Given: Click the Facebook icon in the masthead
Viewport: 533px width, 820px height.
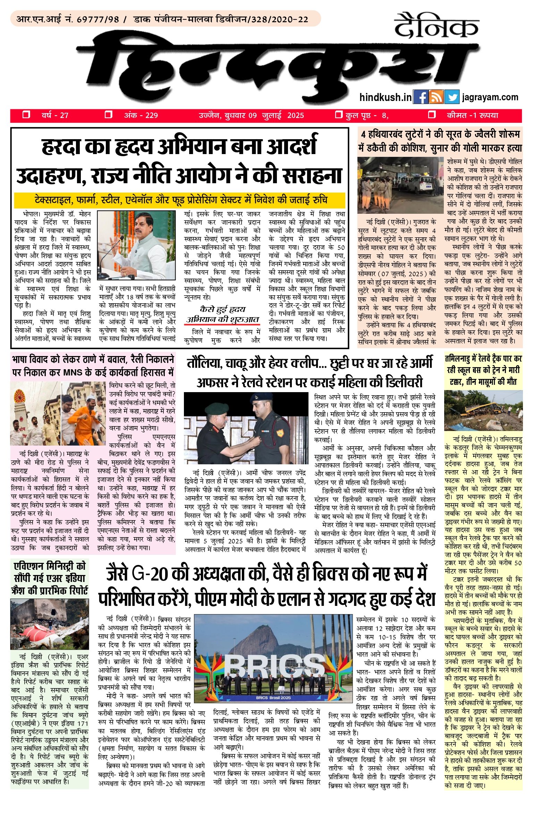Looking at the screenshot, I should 421,97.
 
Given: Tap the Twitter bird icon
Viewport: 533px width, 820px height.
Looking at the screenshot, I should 452,97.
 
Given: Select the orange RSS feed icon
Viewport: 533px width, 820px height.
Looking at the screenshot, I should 436,97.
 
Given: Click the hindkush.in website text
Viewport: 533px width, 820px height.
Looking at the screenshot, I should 386,97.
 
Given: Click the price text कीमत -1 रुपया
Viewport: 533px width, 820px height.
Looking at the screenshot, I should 472,115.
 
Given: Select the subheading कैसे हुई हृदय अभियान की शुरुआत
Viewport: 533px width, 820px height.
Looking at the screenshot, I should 223,314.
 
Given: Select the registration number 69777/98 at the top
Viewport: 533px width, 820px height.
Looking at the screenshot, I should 98,19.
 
